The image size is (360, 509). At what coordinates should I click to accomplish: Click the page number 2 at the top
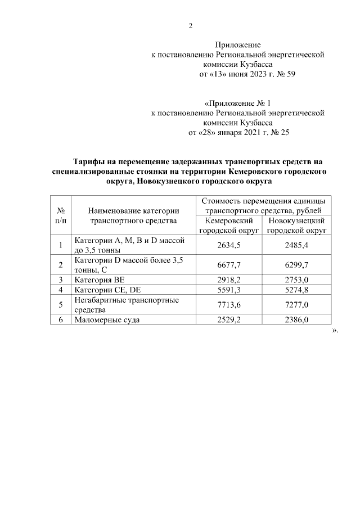tap(191, 26)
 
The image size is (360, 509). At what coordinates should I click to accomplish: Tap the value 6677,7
tap(232, 264)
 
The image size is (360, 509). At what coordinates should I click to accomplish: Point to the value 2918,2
tap(232, 280)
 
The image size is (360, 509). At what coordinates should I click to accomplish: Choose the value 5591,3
tap(232, 290)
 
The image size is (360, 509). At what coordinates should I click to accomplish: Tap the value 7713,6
tap(232, 305)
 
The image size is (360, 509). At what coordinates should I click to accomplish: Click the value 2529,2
tap(232, 320)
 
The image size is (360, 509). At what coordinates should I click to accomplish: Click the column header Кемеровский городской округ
tap(231, 226)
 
